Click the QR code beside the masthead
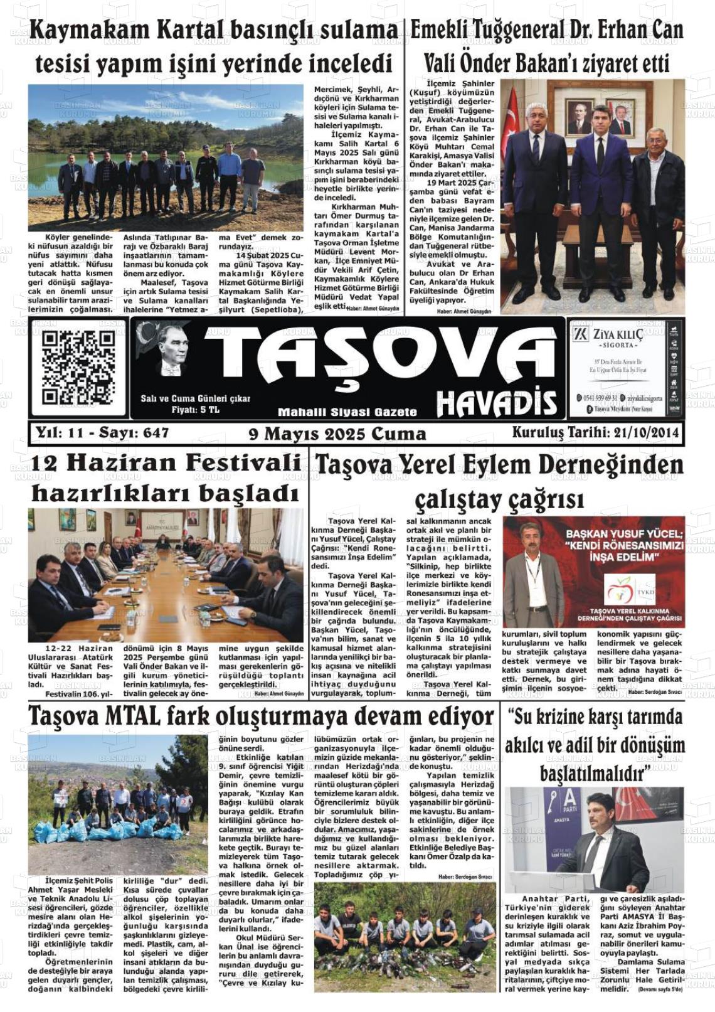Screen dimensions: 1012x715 click(78, 368)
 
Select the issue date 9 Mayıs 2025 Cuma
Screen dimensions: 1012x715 click(337, 434)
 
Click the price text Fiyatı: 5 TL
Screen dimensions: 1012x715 click(195, 410)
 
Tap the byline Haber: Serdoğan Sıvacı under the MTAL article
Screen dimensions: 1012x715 click(465, 876)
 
